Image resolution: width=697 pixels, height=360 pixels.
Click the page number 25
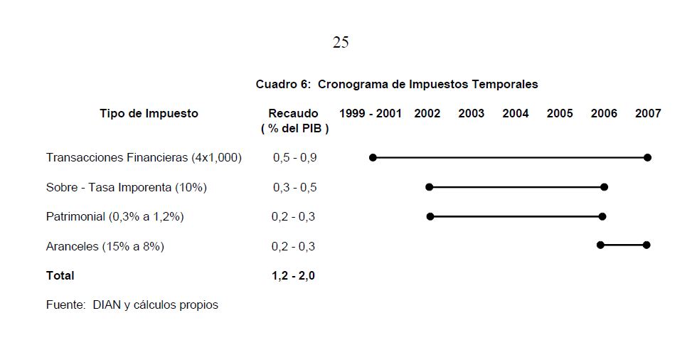[x=341, y=43]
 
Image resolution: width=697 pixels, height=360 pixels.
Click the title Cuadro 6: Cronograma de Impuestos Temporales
[x=397, y=84]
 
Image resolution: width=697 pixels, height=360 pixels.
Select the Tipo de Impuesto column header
[x=149, y=113]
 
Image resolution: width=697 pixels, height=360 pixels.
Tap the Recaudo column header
[x=293, y=114]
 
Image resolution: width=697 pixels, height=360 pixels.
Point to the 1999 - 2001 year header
[x=371, y=113]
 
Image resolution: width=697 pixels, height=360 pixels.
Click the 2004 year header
[x=516, y=113]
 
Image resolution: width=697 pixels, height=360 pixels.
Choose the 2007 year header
[x=648, y=113]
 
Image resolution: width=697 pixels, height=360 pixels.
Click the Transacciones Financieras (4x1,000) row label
[x=144, y=157]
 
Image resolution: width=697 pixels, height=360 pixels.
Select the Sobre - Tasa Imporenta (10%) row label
[x=127, y=187]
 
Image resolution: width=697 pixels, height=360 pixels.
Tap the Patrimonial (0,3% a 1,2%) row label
[x=115, y=216]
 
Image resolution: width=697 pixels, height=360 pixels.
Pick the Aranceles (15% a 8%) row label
[x=105, y=246]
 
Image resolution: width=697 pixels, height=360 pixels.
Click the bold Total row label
[x=60, y=275]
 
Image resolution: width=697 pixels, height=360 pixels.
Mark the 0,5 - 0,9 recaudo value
[x=294, y=157]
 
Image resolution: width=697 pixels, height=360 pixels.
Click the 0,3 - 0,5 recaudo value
[x=294, y=187]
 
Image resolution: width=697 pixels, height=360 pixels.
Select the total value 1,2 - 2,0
[x=293, y=275]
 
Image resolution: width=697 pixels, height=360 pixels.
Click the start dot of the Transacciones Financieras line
[x=373, y=157]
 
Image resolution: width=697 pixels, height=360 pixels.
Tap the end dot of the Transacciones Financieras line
[x=647, y=157]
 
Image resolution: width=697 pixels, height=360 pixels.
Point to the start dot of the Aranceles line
[x=600, y=245]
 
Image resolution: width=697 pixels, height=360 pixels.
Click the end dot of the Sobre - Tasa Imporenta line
[x=604, y=187]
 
